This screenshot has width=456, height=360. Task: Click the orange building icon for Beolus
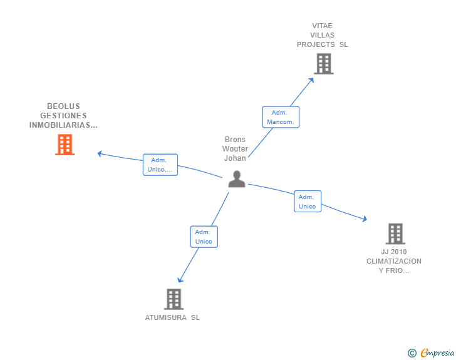(65, 145)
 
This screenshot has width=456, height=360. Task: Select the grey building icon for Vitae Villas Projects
(323, 64)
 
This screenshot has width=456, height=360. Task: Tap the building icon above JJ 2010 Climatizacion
(395, 234)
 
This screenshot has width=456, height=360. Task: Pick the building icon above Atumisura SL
(174, 299)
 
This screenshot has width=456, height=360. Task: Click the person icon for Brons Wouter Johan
(237, 180)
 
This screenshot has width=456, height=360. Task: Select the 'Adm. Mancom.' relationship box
(280, 117)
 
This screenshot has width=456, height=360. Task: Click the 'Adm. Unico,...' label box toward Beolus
(160, 165)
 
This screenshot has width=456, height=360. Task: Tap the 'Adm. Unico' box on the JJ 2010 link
(308, 202)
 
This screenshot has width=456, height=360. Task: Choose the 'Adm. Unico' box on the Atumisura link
(204, 237)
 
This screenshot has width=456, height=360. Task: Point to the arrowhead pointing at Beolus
(100, 153)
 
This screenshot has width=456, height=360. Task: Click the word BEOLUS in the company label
(63, 106)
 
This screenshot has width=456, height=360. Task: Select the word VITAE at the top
(322, 26)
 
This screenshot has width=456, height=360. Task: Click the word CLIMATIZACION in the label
(394, 261)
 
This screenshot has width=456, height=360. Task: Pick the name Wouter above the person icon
(235, 149)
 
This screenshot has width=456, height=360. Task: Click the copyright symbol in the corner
(412, 353)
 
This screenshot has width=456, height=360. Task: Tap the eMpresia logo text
(437, 353)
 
